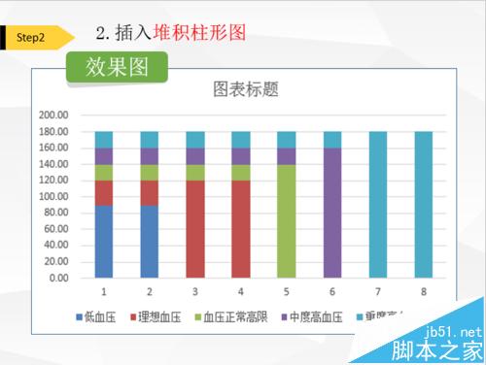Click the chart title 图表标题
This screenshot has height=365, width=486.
coord(246,90)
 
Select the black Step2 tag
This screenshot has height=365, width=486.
coord(31,37)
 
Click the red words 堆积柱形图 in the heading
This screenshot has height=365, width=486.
coord(207,32)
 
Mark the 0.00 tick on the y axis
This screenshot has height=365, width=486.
coord(57,278)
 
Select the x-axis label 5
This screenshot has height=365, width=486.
coord(286,290)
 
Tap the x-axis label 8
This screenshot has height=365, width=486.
coord(423,290)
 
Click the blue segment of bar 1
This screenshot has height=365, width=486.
coord(104,241)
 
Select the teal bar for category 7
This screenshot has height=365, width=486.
coord(377,204)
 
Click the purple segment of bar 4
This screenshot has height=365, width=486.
coord(240,155)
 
